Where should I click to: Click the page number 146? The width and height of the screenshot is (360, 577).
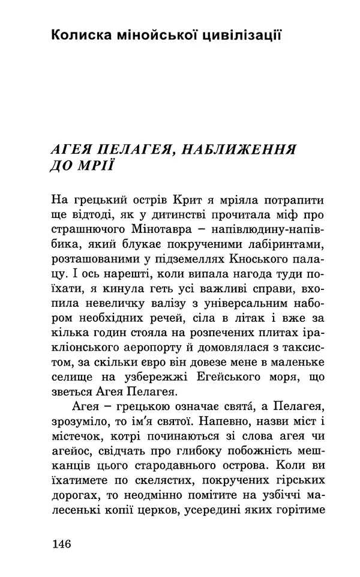[x=62, y=545]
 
